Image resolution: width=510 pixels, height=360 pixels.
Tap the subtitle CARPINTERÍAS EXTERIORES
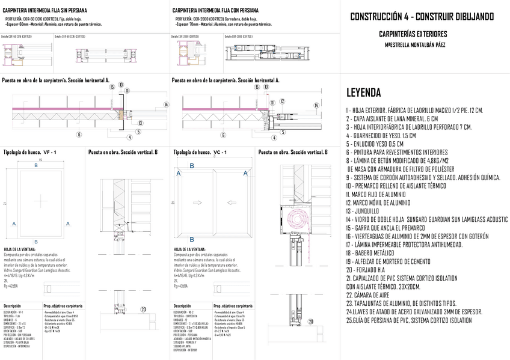(x=421, y=34)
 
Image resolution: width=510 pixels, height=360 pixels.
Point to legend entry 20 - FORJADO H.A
(x=373, y=270)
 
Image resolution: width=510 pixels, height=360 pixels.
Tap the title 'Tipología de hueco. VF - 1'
(x=29, y=153)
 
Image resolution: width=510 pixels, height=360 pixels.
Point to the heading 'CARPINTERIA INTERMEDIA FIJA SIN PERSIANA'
(x=45, y=11)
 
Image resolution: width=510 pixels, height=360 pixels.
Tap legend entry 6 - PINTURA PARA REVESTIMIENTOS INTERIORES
(x=397, y=152)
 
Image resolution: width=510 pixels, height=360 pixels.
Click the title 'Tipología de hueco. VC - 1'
(x=199, y=153)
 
